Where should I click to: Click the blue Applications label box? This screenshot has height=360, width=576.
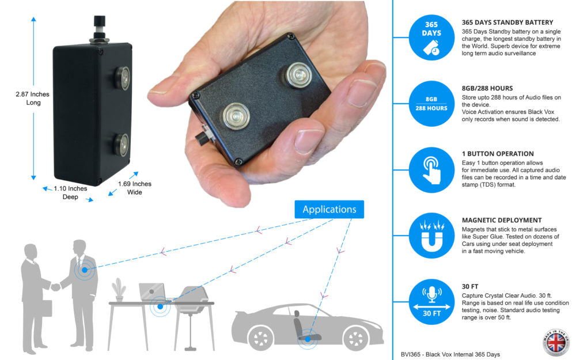(x=329, y=209)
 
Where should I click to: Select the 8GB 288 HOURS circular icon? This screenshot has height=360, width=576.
(x=431, y=103)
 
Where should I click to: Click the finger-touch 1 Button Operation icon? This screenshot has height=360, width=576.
(x=431, y=170)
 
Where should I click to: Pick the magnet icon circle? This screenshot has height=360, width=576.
(x=431, y=236)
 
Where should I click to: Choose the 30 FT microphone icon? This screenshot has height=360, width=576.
(x=431, y=302)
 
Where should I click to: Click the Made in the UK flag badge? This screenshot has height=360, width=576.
(x=556, y=341)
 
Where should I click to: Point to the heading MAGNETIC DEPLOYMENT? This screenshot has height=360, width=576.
(x=501, y=220)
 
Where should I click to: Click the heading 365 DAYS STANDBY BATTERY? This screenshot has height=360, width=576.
(x=507, y=22)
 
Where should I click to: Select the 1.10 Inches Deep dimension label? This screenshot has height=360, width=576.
(x=70, y=192)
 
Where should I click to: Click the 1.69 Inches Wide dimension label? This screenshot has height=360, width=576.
(x=134, y=188)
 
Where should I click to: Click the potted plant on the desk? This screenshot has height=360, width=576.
(x=120, y=289)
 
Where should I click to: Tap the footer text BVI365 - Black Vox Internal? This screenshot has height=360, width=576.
(x=450, y=354)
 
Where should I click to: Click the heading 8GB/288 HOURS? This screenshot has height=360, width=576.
(x=487, y=88)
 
